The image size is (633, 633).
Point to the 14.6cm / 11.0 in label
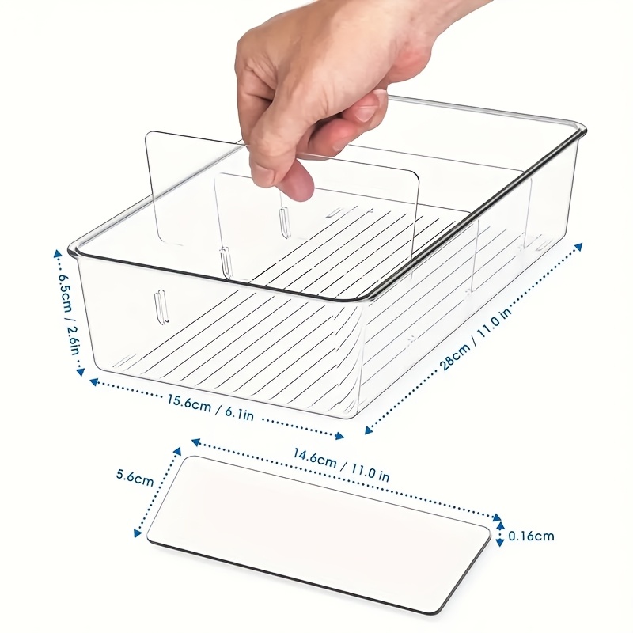(341, 465)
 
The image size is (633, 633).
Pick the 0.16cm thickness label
(531, 536)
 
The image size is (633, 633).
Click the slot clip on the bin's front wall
(161, 307)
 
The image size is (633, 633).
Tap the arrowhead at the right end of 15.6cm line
(340, 436)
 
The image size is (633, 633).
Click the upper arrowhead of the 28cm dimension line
(578, 247)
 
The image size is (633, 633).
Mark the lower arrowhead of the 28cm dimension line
(368, 430)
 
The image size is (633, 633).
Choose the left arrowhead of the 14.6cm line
(195, 442)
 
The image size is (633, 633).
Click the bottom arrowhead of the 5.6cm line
(138, 533)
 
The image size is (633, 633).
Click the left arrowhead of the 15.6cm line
(94, 381)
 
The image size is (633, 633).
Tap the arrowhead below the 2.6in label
(81, 371)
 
